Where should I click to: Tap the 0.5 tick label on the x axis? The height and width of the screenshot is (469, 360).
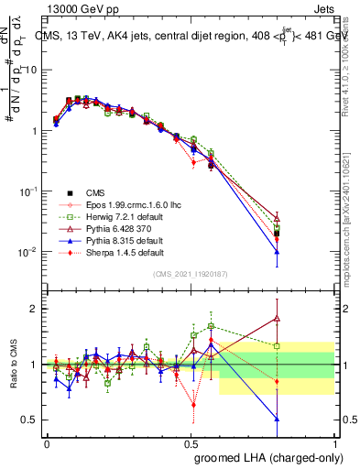191,442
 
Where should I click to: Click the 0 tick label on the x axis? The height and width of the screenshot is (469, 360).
47,442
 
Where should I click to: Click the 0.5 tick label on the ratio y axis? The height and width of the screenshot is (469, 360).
27,420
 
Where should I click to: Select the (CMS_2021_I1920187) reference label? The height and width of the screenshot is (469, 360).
191,273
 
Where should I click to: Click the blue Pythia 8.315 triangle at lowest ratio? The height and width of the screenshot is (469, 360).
277,419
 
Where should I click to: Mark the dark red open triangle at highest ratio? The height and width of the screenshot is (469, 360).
277,319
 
